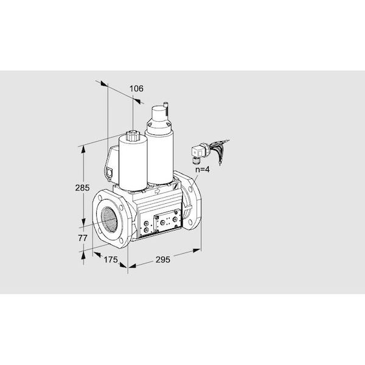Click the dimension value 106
click(136, 88)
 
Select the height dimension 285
click(82, 187)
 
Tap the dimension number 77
click(82, 238)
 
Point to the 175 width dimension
click(111, 259)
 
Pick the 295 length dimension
click(162, 259)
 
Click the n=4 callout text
click(202, 169)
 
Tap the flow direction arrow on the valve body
click(157, 191)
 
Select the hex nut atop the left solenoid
click(132, 136)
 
